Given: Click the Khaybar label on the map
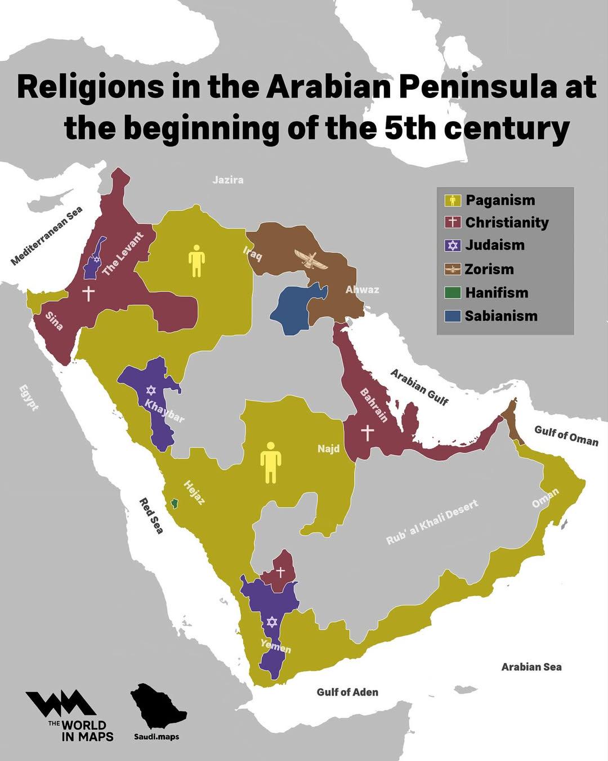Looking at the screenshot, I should point(164,411).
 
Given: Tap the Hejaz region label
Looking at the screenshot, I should point(194,492).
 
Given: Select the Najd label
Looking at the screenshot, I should point(328,449).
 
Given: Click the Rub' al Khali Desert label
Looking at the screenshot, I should point(432,522).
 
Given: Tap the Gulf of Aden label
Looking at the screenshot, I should point(347,692).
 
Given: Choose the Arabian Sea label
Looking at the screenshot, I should point(531,667).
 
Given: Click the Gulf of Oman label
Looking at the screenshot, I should point(566,435).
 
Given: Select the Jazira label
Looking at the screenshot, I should point(228,180).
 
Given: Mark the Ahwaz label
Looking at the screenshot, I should point(362,290).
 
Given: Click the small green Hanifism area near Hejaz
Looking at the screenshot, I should point(175,502).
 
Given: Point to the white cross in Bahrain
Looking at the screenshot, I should point(367,433).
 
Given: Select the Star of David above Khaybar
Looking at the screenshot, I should point(150,390).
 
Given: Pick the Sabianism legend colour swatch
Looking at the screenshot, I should point(453,316).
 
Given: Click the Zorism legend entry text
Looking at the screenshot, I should point(489,269).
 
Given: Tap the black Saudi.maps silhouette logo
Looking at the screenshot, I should point(157,706).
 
